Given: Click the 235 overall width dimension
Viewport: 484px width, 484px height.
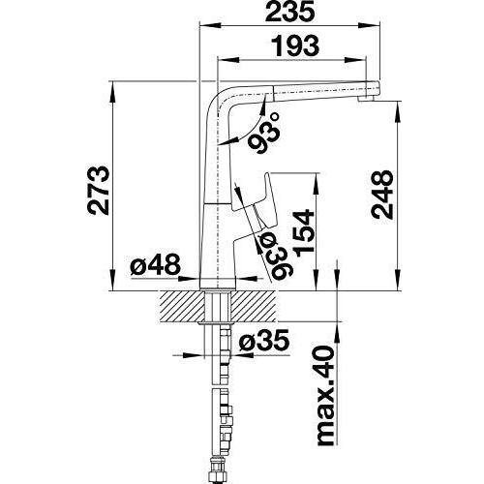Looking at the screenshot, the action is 289,12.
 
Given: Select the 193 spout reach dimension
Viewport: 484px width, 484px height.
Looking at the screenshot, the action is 294,45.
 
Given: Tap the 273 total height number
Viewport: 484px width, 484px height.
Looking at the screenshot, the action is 99,191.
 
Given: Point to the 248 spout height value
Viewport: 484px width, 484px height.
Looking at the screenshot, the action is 382,195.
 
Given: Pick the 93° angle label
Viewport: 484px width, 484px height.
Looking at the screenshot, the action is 264,134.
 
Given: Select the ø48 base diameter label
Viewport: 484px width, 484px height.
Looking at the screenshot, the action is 156,264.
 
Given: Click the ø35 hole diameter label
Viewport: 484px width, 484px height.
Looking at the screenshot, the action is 263,341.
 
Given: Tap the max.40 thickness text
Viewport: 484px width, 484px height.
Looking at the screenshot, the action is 324,396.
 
